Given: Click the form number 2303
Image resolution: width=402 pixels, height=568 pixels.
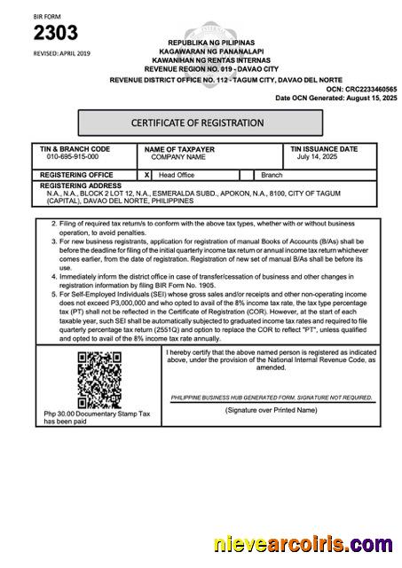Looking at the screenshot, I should coord(56,33).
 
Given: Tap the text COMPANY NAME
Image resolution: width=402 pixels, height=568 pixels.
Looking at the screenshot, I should coord(177,157).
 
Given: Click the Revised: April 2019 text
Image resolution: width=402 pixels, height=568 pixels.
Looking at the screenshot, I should coord(61,53).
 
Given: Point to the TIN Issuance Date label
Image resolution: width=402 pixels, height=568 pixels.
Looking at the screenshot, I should coord(324,149).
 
